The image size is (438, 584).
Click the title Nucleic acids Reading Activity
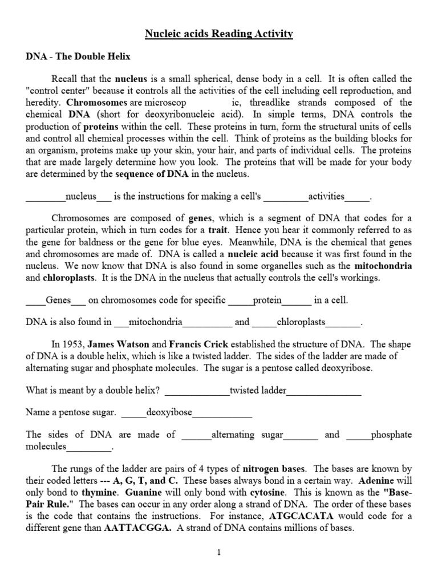[x=218, y=34]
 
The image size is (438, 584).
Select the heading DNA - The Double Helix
[x=78, y=56]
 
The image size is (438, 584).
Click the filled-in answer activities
[x=326, y=197]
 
